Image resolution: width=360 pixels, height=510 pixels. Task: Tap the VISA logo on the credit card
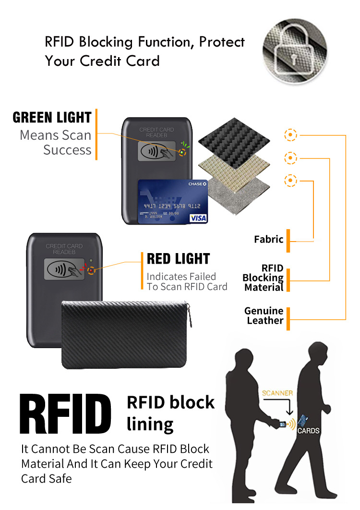point(198,218)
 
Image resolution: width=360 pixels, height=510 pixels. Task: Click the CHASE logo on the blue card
point(197,184)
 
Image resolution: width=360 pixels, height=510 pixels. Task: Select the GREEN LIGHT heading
point(52,118)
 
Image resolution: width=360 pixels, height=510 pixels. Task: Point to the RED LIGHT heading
point(178,259)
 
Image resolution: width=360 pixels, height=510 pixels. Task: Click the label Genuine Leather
point(264,316)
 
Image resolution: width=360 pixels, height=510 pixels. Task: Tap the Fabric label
point(269,239)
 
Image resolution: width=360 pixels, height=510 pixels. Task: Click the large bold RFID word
point(66,413)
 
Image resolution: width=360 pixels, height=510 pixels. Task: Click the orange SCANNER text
point(277,393)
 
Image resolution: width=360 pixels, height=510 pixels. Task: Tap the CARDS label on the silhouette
point(308,431)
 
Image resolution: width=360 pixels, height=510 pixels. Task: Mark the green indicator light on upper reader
point(182,152)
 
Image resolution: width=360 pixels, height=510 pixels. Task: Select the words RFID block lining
point(170,413)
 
